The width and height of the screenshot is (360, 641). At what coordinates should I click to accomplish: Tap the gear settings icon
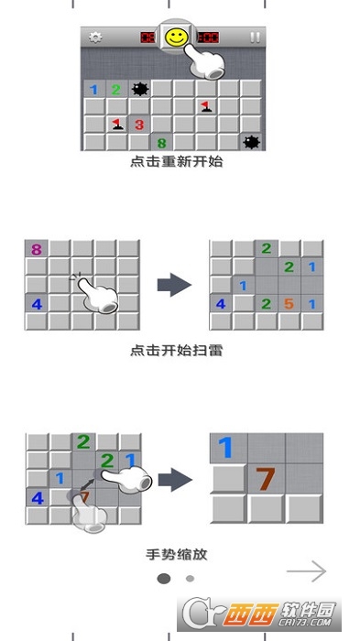(x=95, y=38)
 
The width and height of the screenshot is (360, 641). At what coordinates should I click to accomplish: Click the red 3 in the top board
(x=139, y=125)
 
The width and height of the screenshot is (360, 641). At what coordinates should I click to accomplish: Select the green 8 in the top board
(x=161, y=142)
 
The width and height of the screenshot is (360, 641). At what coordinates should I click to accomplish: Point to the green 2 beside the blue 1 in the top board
(x=116, y=89)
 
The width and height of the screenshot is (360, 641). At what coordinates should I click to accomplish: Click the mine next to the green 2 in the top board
(x=140, y=89)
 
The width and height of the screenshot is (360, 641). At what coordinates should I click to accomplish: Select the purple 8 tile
(x=37, y=249)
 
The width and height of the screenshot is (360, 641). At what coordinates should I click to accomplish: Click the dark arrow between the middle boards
(x=175, y=284)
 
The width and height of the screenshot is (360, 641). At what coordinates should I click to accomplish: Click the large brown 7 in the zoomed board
(x=266, y=479)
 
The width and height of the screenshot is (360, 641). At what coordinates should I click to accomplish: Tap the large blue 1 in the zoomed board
(x=226, y=449)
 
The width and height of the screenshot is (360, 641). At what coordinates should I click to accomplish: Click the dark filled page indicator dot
(x=164, y=578)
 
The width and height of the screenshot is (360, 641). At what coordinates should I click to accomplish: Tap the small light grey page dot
(x=190, y=578)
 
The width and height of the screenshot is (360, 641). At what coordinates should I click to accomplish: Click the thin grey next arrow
(x=306, y=571)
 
